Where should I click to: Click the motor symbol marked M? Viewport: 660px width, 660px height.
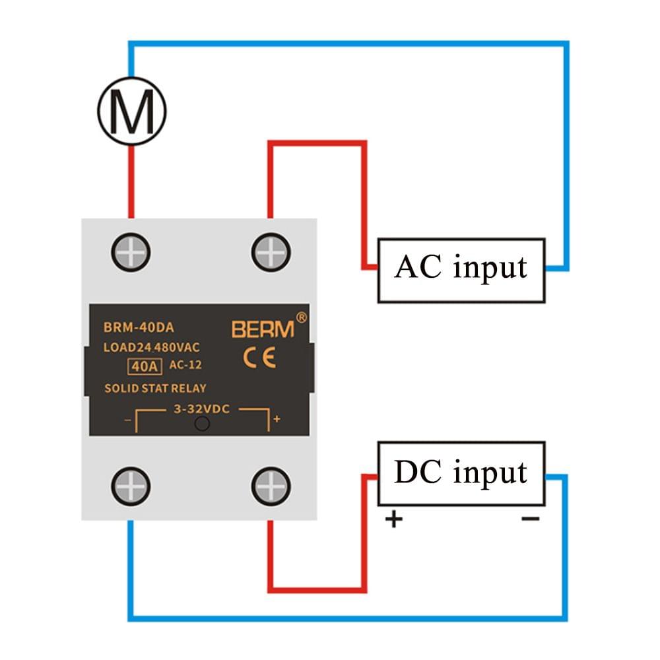[131, 111]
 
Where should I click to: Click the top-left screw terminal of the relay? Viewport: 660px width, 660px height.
[131, 251]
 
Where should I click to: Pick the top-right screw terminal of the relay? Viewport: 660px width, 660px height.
[271, 251]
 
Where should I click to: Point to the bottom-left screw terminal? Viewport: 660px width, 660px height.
[131, 486]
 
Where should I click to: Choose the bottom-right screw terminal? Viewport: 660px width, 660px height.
[271, 486]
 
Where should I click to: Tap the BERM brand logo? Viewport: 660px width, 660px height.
[262, 329]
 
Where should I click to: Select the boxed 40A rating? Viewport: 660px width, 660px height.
[139, 364]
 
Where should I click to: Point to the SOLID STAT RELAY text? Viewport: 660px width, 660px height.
[155, 388]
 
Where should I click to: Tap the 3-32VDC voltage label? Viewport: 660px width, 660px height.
[201, 409]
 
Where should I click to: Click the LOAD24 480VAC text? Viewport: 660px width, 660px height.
[152, 346]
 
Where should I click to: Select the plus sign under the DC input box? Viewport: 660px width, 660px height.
[393, 520]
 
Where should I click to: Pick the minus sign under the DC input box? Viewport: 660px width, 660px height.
[530, 519]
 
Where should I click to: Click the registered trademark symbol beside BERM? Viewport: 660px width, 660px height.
[302, 317]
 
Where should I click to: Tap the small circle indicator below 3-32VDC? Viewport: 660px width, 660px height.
[203, 424]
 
